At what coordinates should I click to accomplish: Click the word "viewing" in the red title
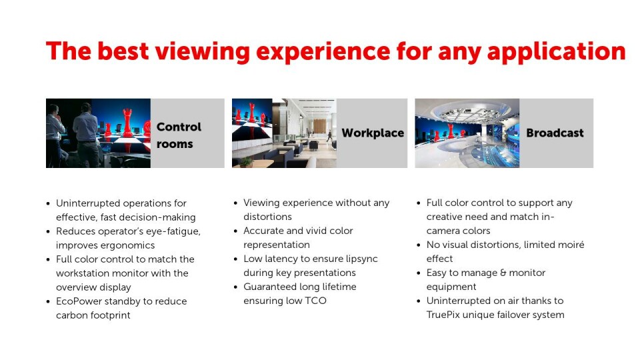point(202,52)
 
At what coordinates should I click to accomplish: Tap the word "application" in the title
point(556,52)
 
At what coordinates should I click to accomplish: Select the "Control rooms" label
point(179,135)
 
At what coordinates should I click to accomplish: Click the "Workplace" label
point(373,133)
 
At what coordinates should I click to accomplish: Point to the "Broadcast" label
point(555,133)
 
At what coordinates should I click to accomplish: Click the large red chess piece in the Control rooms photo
point(128,123)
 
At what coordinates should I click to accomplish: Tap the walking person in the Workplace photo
point(329,136)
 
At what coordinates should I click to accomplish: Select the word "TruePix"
point(443,315)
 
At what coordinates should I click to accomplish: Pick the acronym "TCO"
point(315,301)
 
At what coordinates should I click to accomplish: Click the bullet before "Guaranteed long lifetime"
point(235,287)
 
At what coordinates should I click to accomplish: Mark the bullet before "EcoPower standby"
point(48,302)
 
